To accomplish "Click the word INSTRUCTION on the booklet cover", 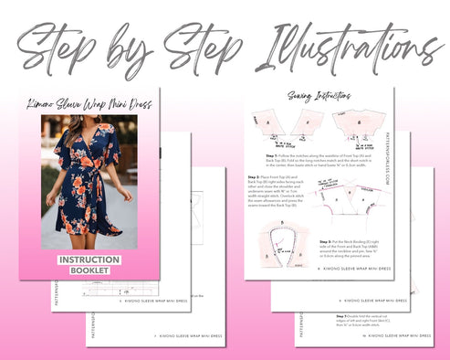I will pyautogui.click(x=89, y=259).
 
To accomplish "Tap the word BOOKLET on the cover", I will pyautogui.click(x=89, y=270).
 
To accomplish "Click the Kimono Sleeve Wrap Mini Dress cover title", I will pyautogui.click(x=89, y=103).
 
